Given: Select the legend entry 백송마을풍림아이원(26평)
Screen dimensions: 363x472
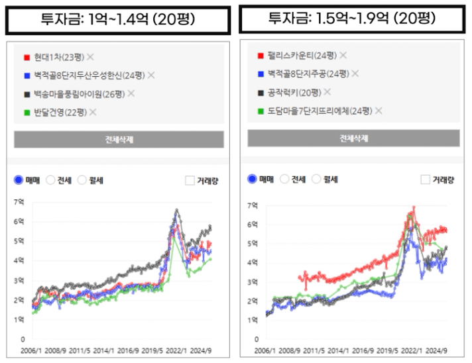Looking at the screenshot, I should click(79, 94).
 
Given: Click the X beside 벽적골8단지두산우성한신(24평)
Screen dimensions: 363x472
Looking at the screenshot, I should click(151, 76).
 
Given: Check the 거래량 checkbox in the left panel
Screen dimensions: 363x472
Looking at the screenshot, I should click(190, 180).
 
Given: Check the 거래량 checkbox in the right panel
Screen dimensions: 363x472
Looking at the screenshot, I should click(426, 179).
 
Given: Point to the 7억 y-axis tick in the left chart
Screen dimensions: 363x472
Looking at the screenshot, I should click(19, 202).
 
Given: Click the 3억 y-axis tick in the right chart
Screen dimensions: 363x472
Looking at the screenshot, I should click(252, 282).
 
